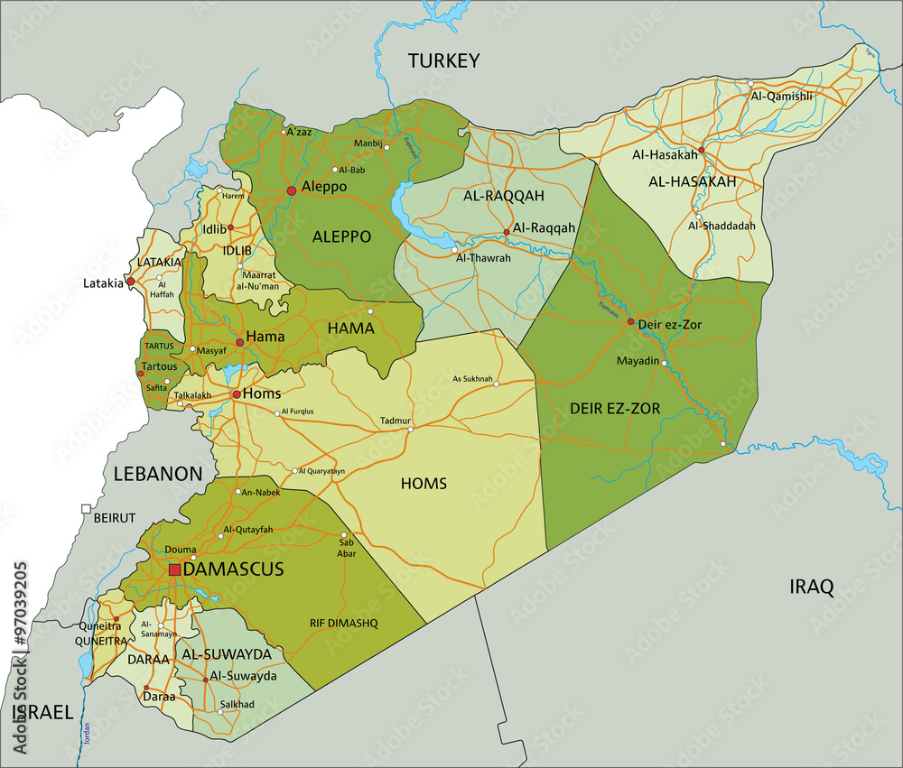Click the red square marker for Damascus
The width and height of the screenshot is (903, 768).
(x=174, y=569)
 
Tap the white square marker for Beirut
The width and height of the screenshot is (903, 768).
(x=86, y=509)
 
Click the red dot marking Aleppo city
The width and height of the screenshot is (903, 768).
(x=291, y=190)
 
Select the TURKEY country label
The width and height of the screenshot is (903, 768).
(x=442, y=60)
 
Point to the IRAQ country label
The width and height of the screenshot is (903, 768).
(x=811, y=588)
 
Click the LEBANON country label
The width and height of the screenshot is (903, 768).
(x=157, y=474)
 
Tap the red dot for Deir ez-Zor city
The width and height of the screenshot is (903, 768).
(x=630, y=321)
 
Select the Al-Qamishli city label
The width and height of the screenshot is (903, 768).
(x=781, y=96)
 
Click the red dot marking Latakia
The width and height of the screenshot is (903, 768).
(x=130, y=282)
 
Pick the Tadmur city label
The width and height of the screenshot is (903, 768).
(x=396, y=421)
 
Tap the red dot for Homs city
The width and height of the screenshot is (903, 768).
(x=236, y=394)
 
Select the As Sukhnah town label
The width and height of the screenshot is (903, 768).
(x=472, y=378)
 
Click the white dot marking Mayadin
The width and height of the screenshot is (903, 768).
(x=664, y=363)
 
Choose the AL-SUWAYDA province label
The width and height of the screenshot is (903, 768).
(x=227, y=653)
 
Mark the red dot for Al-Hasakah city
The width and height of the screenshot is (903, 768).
(x=702, y=151)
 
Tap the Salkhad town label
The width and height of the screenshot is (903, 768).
(x=237, y=704)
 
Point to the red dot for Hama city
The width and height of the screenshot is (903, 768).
(x=239, y=342)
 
